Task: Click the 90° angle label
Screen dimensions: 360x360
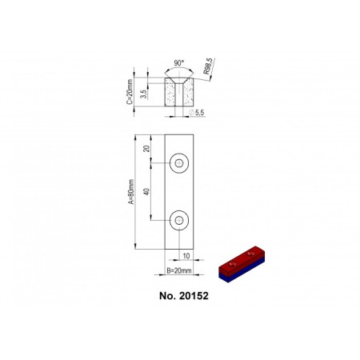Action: pos(178,62)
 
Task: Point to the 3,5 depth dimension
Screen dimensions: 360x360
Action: pos(143,94)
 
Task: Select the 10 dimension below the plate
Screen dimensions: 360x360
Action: pos(186,256)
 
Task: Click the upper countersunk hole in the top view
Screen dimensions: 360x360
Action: pos(179,164)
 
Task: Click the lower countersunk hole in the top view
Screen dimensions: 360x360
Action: pos(179,218)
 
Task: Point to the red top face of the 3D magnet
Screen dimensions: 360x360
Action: pos(241,262)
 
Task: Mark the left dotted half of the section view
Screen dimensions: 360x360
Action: pos(170,94)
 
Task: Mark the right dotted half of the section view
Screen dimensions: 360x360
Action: pos(186,94)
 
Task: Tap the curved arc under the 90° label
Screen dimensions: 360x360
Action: pos(178,70)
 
